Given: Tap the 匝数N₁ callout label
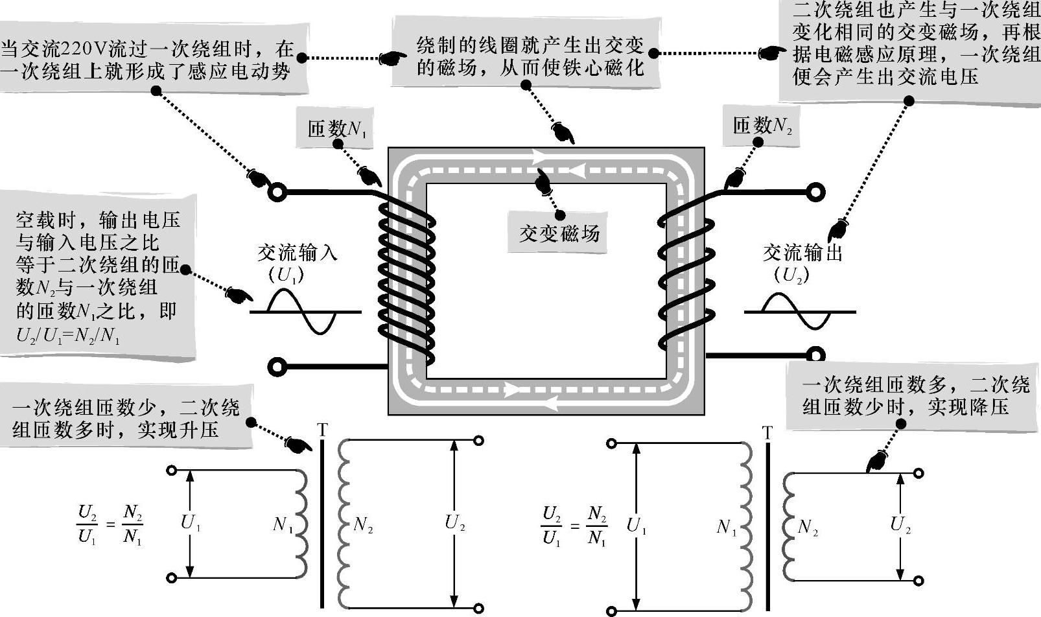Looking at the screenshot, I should (336, 128).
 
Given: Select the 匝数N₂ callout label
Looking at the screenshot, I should (762, 125).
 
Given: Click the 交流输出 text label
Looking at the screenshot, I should (802, 252).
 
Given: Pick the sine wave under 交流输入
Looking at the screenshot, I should (305, 312).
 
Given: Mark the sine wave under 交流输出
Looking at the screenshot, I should (799, 312).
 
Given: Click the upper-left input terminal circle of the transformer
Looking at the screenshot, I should (277, 192).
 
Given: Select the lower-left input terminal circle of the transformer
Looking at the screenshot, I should (277, 367).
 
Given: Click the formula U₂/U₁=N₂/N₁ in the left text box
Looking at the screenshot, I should (67, 336).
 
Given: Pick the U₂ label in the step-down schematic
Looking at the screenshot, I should (900, 525).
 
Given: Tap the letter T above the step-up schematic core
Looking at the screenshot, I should (322, 430).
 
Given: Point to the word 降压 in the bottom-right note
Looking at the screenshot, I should (988, 407).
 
